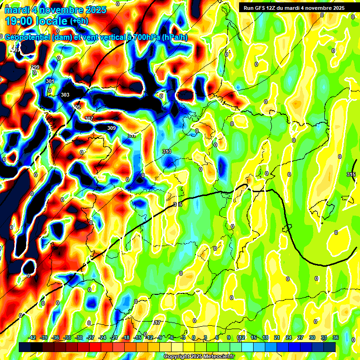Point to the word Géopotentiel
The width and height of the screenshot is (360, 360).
[29, 37]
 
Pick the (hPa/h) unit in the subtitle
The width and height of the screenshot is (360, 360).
[174, 37]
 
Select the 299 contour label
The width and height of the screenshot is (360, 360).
[35, 67]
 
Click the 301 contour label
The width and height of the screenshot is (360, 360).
[50, 81]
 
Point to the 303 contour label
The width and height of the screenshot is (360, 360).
[65, 95]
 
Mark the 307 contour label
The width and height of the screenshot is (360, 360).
[89, 118]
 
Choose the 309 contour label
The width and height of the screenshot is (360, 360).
[111, 128]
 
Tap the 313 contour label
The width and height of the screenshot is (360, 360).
[166, 151]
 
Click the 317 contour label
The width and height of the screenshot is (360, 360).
[157, 322]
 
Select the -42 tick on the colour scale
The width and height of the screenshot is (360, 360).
[32, 337]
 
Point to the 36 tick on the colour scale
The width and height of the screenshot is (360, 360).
[336, 337]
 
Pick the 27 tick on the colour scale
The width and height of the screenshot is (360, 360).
[300, 337]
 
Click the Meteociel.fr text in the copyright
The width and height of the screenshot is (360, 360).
[219, 357]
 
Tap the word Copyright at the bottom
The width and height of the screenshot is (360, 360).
[178, 357]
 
